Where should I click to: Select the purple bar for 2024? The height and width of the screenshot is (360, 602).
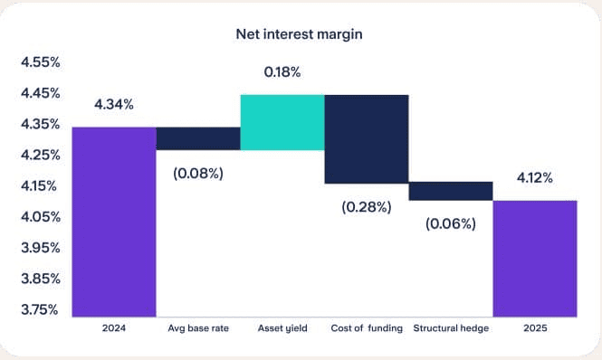(114, 222)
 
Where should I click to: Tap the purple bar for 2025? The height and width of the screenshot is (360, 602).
(534, 258)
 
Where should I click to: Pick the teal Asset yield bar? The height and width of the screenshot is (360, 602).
(282, 122)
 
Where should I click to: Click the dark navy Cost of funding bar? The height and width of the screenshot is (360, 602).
(366, 138)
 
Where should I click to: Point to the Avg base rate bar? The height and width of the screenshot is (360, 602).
(198, 138)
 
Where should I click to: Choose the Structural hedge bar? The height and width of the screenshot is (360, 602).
(450, 191)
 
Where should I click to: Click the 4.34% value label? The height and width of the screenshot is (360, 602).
(114, 104)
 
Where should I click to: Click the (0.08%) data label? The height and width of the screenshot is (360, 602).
(198, 172)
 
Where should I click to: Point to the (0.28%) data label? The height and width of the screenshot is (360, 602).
(366, 207)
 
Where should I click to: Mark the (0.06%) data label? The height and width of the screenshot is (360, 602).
(450, 223)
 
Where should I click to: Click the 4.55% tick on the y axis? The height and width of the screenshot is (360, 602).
(40, 62)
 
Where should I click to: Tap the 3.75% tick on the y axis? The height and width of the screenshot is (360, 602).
(40, 309)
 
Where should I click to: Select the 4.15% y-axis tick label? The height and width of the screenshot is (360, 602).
(40, 186)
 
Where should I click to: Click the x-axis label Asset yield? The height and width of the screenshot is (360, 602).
(282, 328)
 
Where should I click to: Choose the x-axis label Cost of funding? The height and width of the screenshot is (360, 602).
(366, 328)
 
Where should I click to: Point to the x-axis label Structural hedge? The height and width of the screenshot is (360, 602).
(450, 328)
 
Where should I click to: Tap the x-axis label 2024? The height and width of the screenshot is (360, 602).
(114, 328)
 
